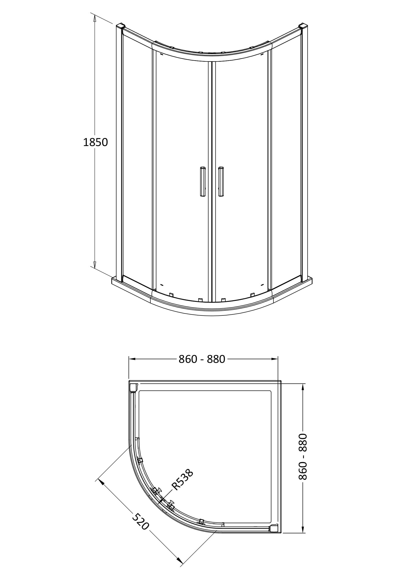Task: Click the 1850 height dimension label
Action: click(x=95, y=142)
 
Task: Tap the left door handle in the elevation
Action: click(x=202, y=182)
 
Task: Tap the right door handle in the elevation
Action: click(x=221, y=182)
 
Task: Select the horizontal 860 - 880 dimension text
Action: click(x=202, y=359)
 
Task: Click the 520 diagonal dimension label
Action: click(x=140, y=521)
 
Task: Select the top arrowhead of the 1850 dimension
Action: click(x=95, y=18)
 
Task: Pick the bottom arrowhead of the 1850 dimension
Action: click(x=95, y=264)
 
